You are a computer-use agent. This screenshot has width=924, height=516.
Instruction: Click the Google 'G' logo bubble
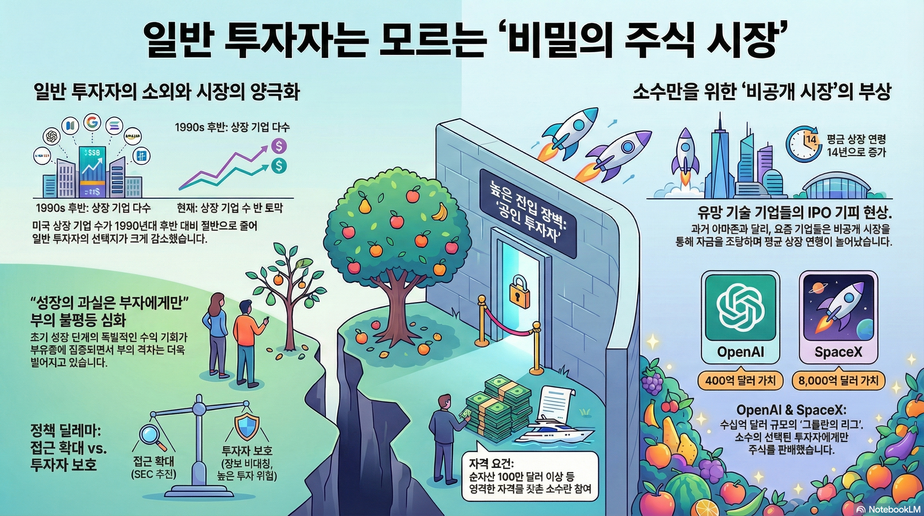click(x=92, y=122)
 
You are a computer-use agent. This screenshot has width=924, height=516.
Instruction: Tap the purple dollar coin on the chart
click(x=279, y=146)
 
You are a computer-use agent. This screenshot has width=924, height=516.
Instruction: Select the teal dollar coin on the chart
click(x=279, y=165)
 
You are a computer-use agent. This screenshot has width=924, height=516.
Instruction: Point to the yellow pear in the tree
click(x=365, y=205)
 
